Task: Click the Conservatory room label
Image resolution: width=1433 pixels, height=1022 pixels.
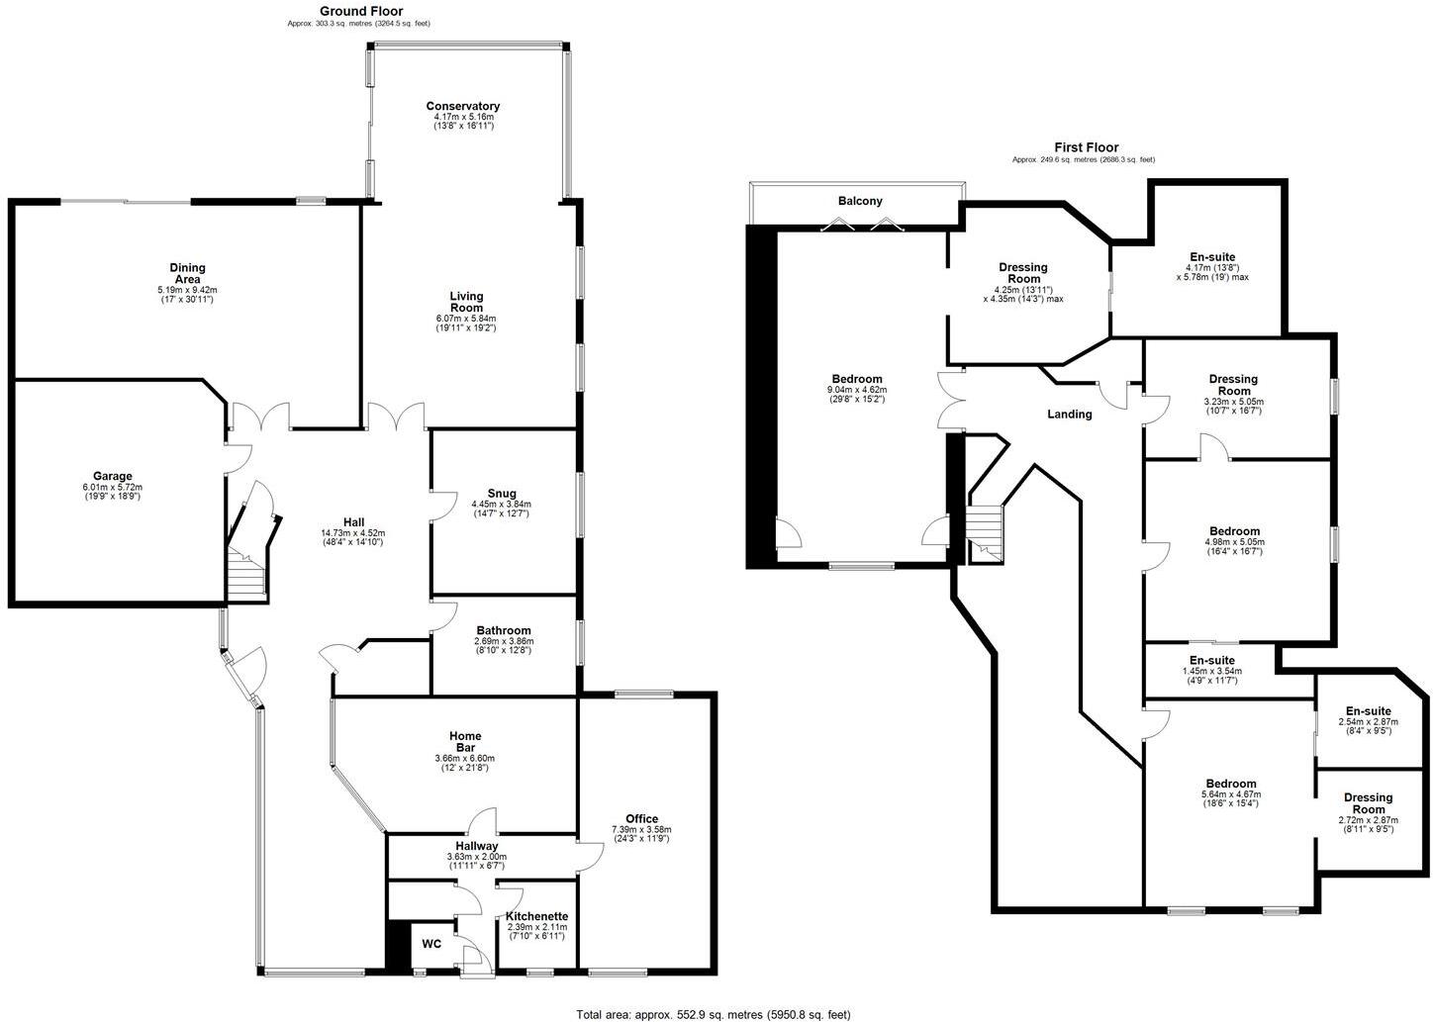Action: tap(462, 106)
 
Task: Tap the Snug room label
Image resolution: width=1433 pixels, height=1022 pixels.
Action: tap(502, 494)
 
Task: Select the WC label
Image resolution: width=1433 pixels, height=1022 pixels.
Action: tap(431, 944)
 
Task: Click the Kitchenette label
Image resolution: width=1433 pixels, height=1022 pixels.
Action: tap(536, 917)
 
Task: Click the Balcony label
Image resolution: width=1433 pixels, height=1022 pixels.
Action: tap(859, 201)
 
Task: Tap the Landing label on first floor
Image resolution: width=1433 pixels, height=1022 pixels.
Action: tap(1069, 415)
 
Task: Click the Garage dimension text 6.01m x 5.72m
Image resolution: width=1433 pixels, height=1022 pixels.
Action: tap(114, 488)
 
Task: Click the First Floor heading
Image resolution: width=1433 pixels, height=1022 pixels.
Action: tap(1086, 147)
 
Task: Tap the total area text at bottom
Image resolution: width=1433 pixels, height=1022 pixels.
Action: tap(714, 1014)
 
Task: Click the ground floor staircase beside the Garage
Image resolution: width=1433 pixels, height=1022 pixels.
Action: tap(245, 574)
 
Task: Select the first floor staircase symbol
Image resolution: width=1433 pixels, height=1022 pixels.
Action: tap(985, 535)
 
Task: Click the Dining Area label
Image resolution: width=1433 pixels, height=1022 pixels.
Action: tap(187, 273)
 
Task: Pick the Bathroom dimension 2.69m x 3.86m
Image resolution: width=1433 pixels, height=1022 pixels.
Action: tap(504, 642)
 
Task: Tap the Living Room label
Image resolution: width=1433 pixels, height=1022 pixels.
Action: tap(466, 302)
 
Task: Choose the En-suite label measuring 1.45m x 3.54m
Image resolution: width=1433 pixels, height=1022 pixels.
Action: tap(1211, 660)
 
